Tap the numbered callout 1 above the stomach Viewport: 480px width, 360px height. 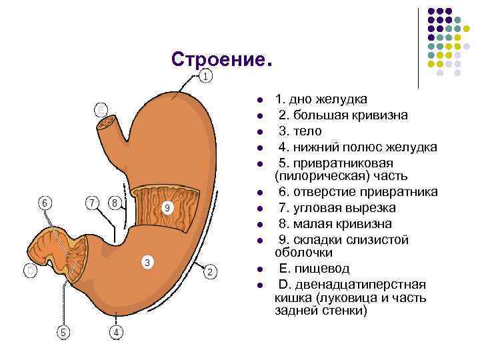[206, 76]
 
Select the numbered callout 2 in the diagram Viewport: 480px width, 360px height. [210, 272]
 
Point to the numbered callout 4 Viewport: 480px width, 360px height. [63, 331]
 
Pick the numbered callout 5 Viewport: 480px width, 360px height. [45, 201]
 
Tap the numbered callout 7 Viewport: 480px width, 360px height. [115, 201]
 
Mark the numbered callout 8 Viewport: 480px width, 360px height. [168, 208]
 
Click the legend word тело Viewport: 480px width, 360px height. [309, 131]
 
